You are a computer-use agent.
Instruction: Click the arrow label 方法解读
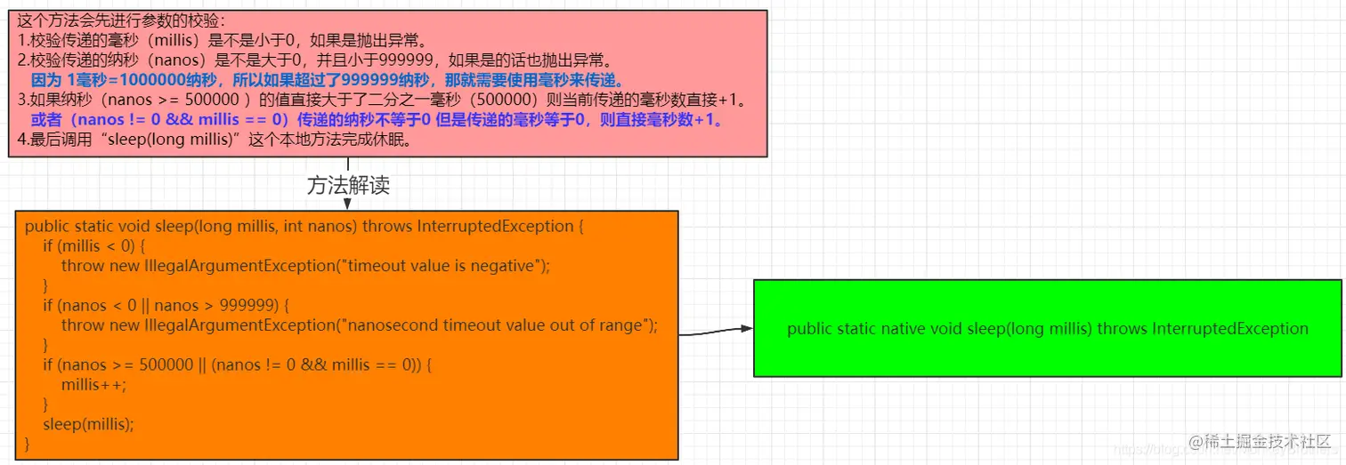point(348,185)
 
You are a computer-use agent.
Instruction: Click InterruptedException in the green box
point(1229,329)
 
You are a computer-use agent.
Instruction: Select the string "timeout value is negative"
point(442,265)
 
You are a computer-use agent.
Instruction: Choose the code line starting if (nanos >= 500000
point(237,365)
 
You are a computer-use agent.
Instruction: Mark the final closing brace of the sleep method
point(28,443)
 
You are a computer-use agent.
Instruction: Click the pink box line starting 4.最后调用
point(214,140)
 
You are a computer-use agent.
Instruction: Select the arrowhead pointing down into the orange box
point(347,204)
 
